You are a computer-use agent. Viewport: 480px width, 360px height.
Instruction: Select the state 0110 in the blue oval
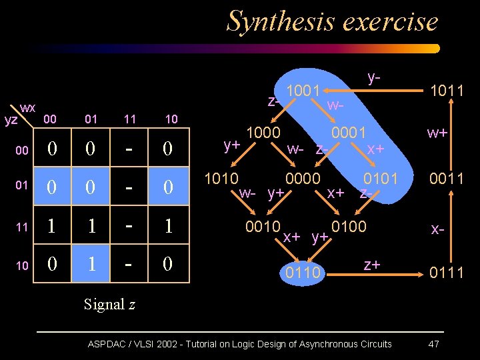coord(303,273)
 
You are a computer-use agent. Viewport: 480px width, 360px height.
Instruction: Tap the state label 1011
coord(447,90)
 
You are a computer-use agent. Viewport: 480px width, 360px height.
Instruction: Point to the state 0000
coord(303,179)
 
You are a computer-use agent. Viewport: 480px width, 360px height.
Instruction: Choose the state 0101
coord(381,179)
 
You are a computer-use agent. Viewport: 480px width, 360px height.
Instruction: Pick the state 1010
coord(222,179)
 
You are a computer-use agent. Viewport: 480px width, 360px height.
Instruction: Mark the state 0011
coord(447,179)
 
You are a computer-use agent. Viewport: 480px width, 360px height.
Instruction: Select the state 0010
coord(263,226)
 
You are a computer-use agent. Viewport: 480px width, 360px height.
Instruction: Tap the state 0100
coord(349,226)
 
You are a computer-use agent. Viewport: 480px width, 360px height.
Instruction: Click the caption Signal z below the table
coord(109,305)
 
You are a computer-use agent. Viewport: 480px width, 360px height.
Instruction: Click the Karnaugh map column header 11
coord(130,119)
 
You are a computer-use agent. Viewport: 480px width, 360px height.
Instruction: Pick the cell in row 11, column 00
coord(51,226)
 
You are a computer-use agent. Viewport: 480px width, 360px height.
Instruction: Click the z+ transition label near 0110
coord(372,265)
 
